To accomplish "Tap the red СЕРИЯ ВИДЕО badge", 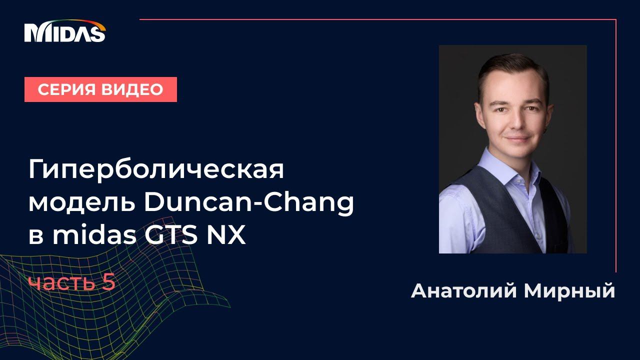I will pyautogui.click(x=100, y=89).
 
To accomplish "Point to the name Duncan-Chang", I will pyautogui.click(x=249, y=203).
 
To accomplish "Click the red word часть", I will pyautogui.click(x=62, y=283).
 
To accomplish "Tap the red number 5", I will pyautogui.click(x=109, y=283).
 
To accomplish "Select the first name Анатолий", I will pyautogui.click(x=463, y=291).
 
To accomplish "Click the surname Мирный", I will pyautogui.click(x=569, y=291).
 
